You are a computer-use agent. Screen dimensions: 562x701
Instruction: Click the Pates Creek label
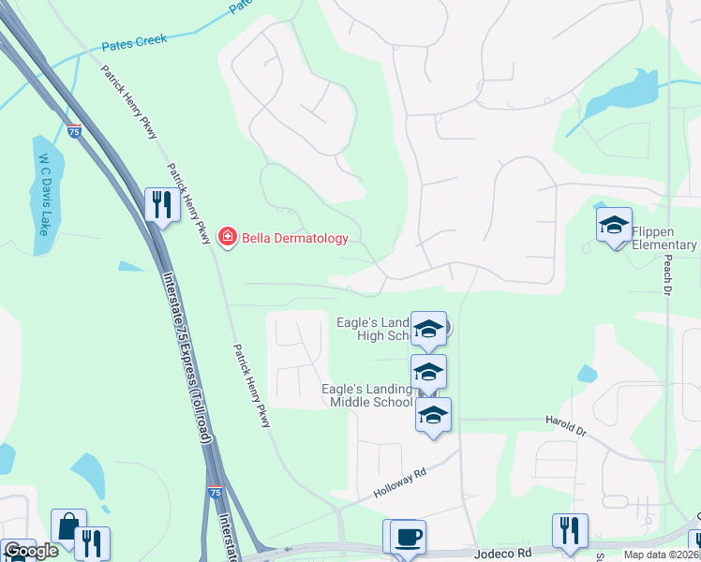[x=134, y=40]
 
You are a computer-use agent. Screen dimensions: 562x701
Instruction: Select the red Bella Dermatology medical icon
[x=227, y=238]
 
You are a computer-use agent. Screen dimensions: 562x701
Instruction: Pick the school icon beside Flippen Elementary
[x=614, y=225]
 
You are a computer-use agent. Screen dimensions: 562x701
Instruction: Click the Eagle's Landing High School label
[x=374, y=330]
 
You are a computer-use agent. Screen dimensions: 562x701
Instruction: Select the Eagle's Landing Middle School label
[x=366, y=395]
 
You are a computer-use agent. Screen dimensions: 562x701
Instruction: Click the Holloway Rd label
[x=399, y=482]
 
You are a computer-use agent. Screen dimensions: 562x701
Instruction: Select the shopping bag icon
[x=68, y=526]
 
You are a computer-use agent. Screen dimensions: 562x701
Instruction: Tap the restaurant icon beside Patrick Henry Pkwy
[x=162, y=204]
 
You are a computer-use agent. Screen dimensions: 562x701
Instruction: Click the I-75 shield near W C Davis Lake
[x=74, y=132]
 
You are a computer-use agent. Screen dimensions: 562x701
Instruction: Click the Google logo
[x=31, y=551]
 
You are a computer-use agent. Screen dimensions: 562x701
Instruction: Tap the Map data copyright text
[x=662, y=555]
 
